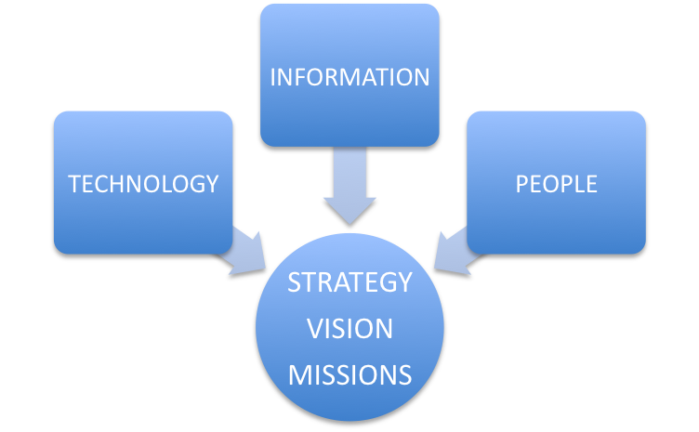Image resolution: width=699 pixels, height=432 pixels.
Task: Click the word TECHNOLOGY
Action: click(143, 183)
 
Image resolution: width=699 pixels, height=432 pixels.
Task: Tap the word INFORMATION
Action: click(349, 76)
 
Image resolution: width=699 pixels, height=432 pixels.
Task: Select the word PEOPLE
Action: click(556, 183)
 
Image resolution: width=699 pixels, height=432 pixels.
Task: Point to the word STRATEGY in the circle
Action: click(349, 281)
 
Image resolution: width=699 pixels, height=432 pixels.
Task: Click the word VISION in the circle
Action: click(349, 328)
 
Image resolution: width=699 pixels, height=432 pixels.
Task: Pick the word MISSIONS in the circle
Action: click(349, 374)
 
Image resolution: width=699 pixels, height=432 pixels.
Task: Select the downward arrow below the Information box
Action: click(349, 190)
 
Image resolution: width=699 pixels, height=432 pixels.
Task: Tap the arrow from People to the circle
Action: click(454, 251)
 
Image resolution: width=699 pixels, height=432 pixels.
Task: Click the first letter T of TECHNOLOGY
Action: click(74, 183)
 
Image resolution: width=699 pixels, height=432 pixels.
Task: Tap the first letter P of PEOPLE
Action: click(521, 183)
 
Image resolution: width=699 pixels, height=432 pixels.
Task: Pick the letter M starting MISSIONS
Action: click(298, 374)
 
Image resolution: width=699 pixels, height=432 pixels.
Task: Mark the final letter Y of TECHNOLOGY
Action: click(212, 183)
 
